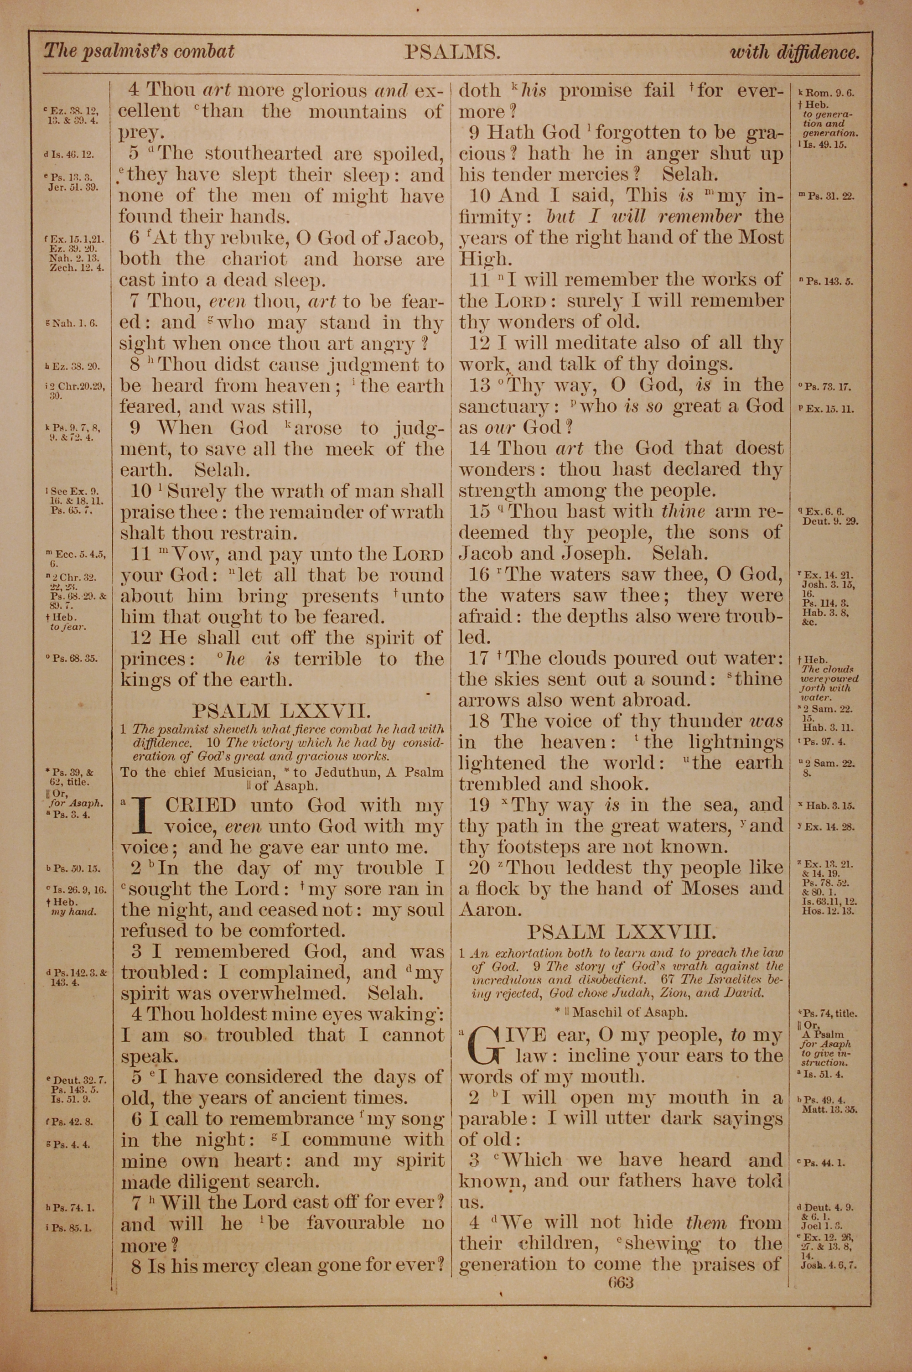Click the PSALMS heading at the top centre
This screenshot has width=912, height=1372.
pyautogui.click(x=452, y=53)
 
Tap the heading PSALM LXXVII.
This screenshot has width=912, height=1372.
pyautogui.click(x=280, y=711)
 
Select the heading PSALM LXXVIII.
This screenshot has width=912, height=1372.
pyautogui.click(x=620, y=932)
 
